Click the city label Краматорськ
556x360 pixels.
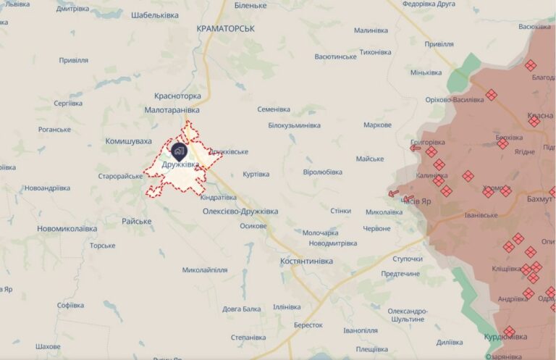[x=226, y=28]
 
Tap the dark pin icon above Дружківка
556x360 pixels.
[x=179, y=151]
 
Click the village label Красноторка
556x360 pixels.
[x=177, y=96]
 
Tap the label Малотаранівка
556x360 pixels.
[x=172, y=110]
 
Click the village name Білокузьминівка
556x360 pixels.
[x=294, y=125]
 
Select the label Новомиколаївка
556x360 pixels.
[x=67, y=229]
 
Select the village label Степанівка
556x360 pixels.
[x=248, y=338]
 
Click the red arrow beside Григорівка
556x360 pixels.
[x=416, y=148]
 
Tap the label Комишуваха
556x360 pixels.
[x=128, y=141]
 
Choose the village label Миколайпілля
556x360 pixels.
[x=205, y=270]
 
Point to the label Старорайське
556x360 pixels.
[x=121, y=176]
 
